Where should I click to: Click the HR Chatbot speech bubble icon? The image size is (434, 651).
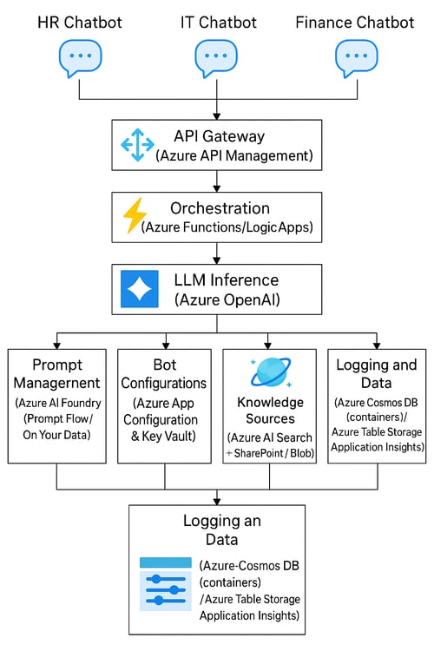(x=80, y=59)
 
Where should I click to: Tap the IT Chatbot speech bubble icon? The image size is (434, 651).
(x=216, y=59)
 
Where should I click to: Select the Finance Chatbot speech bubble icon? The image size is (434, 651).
(x=355, y=59)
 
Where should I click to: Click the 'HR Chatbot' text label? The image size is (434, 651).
(x=80, y=21)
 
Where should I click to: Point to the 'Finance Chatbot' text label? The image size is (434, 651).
(x=355, y=21)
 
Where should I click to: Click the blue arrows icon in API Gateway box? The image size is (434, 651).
(x=137, y=145)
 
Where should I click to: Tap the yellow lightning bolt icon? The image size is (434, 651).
(x=135, y=217)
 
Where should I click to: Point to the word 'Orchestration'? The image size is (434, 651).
(x=220, y=208)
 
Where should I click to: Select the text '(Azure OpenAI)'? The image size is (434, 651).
(x=230, y=299)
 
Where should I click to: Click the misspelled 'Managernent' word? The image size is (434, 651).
(x=56, y=383)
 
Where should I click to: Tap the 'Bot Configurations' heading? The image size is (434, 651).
(x=164, y=373)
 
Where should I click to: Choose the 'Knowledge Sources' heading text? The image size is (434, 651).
(x=271, y=411)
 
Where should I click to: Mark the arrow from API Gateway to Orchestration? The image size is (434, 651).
(x=216, y=181)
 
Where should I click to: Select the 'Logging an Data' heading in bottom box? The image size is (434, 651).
(x=216, y=530)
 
